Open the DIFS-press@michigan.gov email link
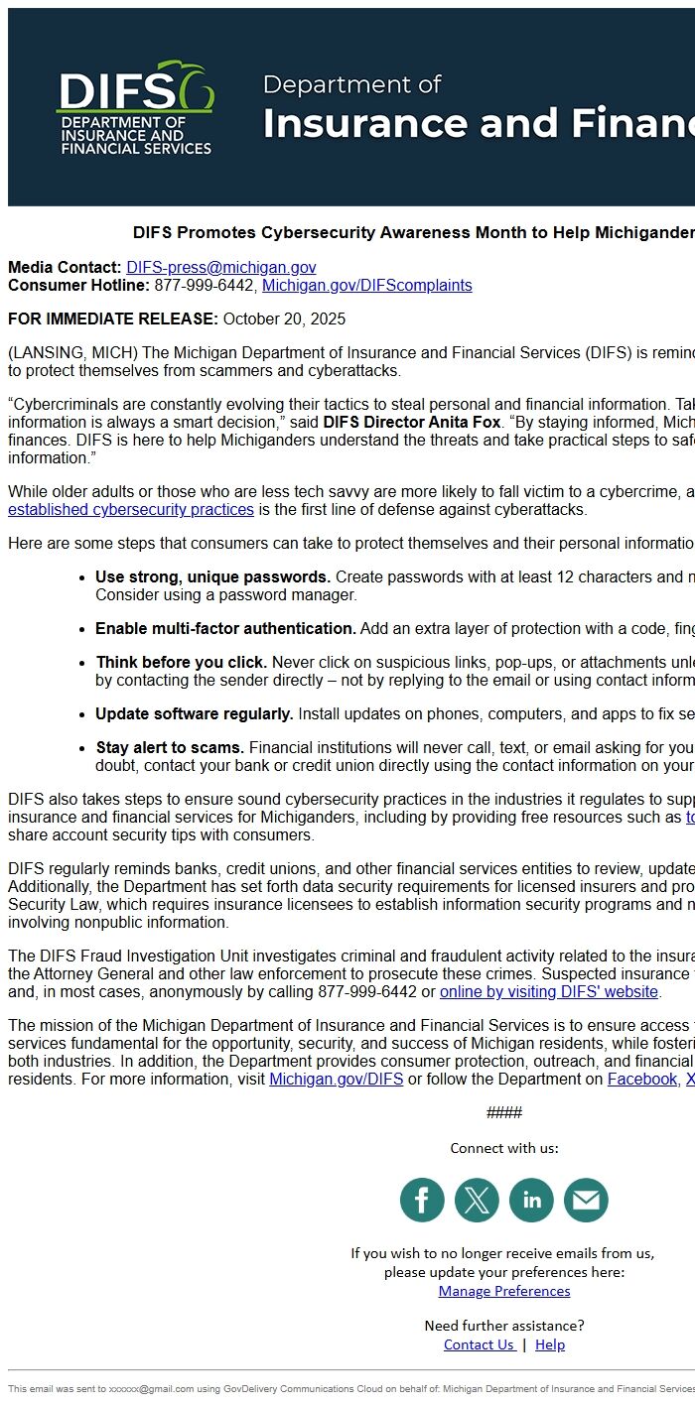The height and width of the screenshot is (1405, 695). [220, 268]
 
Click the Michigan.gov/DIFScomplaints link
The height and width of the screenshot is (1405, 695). [366, 286]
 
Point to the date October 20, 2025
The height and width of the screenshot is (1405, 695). [284, 319]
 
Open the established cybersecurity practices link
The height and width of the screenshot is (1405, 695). [131, 510]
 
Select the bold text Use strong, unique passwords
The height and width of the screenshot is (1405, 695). [212, 577]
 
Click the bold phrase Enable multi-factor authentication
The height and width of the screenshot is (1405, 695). [225, 629]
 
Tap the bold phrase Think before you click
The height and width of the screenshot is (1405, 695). [181, 663]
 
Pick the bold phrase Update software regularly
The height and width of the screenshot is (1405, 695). [194, 714]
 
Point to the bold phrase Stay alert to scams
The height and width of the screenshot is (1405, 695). [170, 748]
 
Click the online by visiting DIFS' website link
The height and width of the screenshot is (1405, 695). [548, 992]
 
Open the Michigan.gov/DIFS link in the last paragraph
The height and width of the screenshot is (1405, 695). [336, 1080]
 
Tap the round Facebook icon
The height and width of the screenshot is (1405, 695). [422, 1201]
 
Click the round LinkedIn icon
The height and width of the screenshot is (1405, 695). [531, 1201]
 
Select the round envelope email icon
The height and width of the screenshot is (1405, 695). [586, 1201]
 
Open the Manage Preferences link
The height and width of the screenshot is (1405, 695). [504, 1291]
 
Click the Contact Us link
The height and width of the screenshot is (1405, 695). [479, 1345]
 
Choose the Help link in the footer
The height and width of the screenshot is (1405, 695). [550, 1345]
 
